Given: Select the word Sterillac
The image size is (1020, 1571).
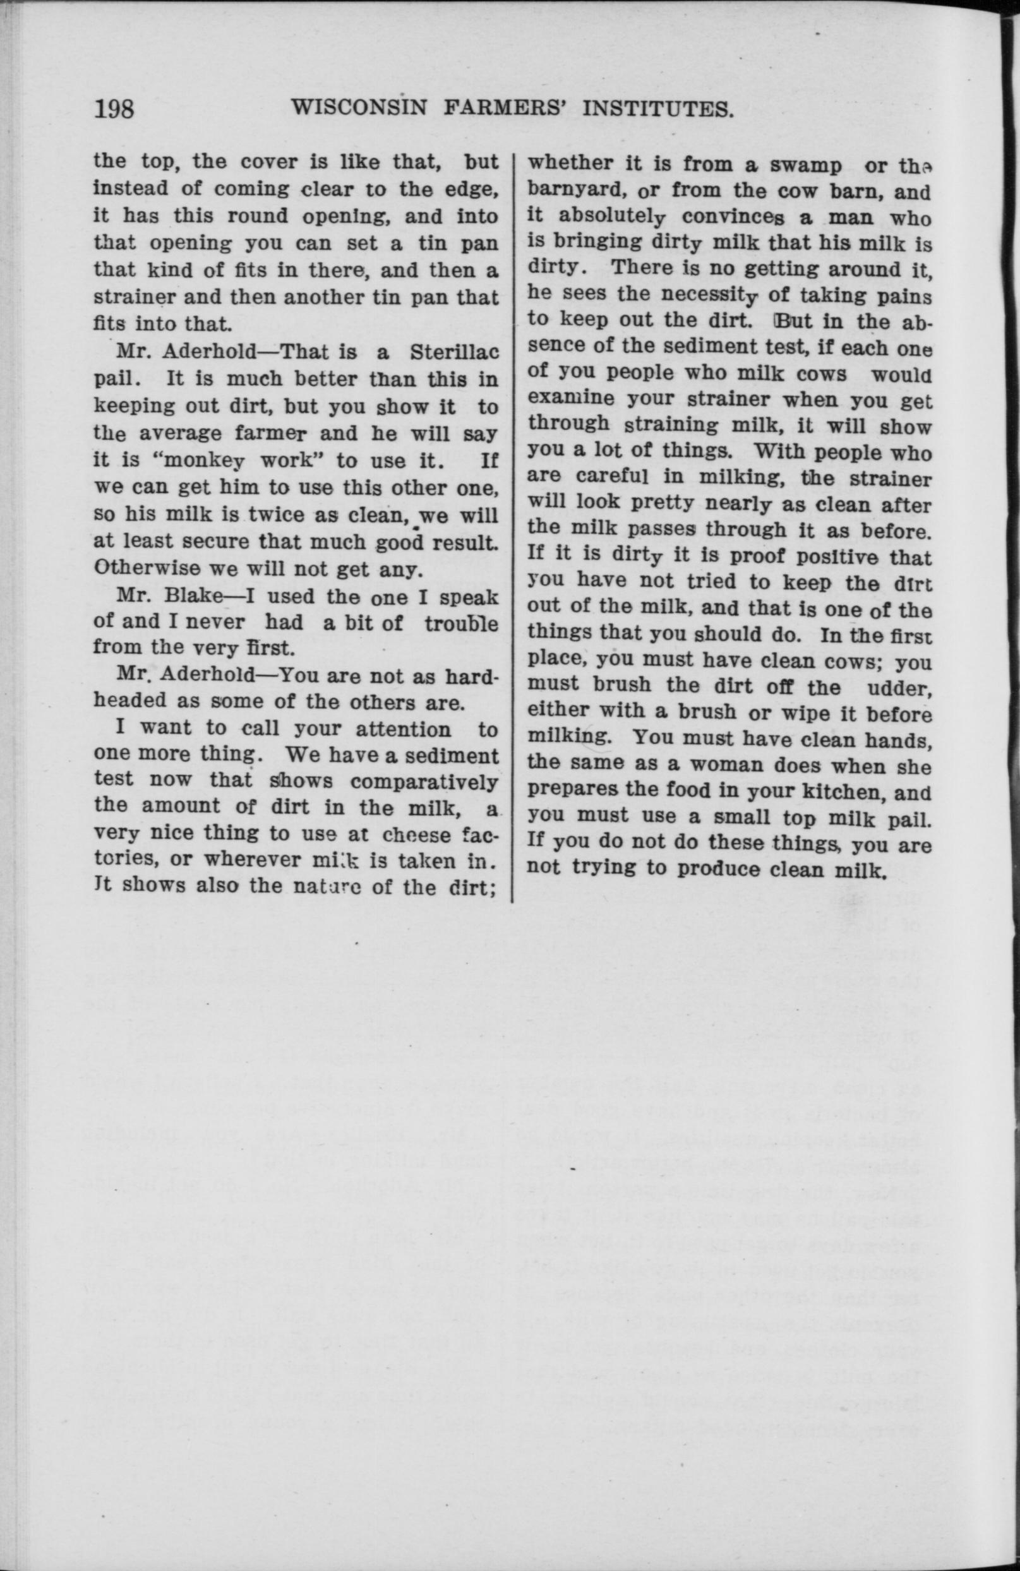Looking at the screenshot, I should [453, 352].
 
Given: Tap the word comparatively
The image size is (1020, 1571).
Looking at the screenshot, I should [424, 781].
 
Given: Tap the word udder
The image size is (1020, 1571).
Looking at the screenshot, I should [902, 686].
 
